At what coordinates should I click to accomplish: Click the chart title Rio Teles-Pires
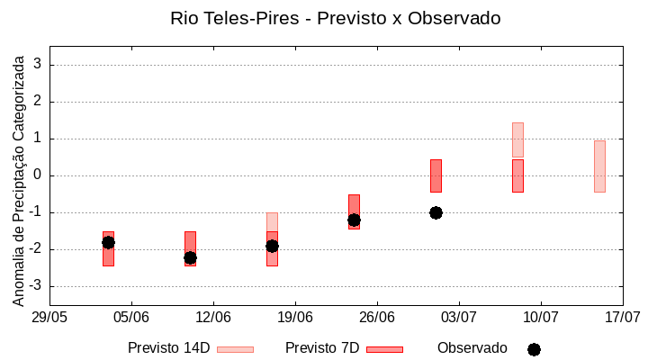(335, 18)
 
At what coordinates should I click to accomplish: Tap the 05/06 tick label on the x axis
(131, 317)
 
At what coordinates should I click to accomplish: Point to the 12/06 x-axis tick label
(213, 317)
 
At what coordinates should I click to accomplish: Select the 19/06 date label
(295, 317)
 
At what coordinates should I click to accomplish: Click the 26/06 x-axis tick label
(377, 317)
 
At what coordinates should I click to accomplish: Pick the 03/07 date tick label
(459, 317)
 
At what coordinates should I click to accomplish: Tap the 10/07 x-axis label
(541, 317)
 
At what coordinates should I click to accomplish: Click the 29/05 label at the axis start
(50, 317)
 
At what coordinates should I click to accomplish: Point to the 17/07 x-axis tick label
(622, 317)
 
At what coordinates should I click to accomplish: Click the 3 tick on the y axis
(38, 65)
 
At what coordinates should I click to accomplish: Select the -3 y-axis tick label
(35, 286)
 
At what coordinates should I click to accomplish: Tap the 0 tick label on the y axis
(38, 175)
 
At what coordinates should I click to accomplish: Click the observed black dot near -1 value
(436, 212)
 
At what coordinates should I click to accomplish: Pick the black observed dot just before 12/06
(190, 257)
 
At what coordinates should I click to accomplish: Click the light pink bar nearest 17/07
(599, 166)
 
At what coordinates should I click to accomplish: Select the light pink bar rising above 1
(517, 139)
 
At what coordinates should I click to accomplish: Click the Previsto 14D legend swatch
(235, 349)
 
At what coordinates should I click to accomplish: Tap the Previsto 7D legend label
(322, 348)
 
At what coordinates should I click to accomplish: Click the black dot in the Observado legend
(534, 349)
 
